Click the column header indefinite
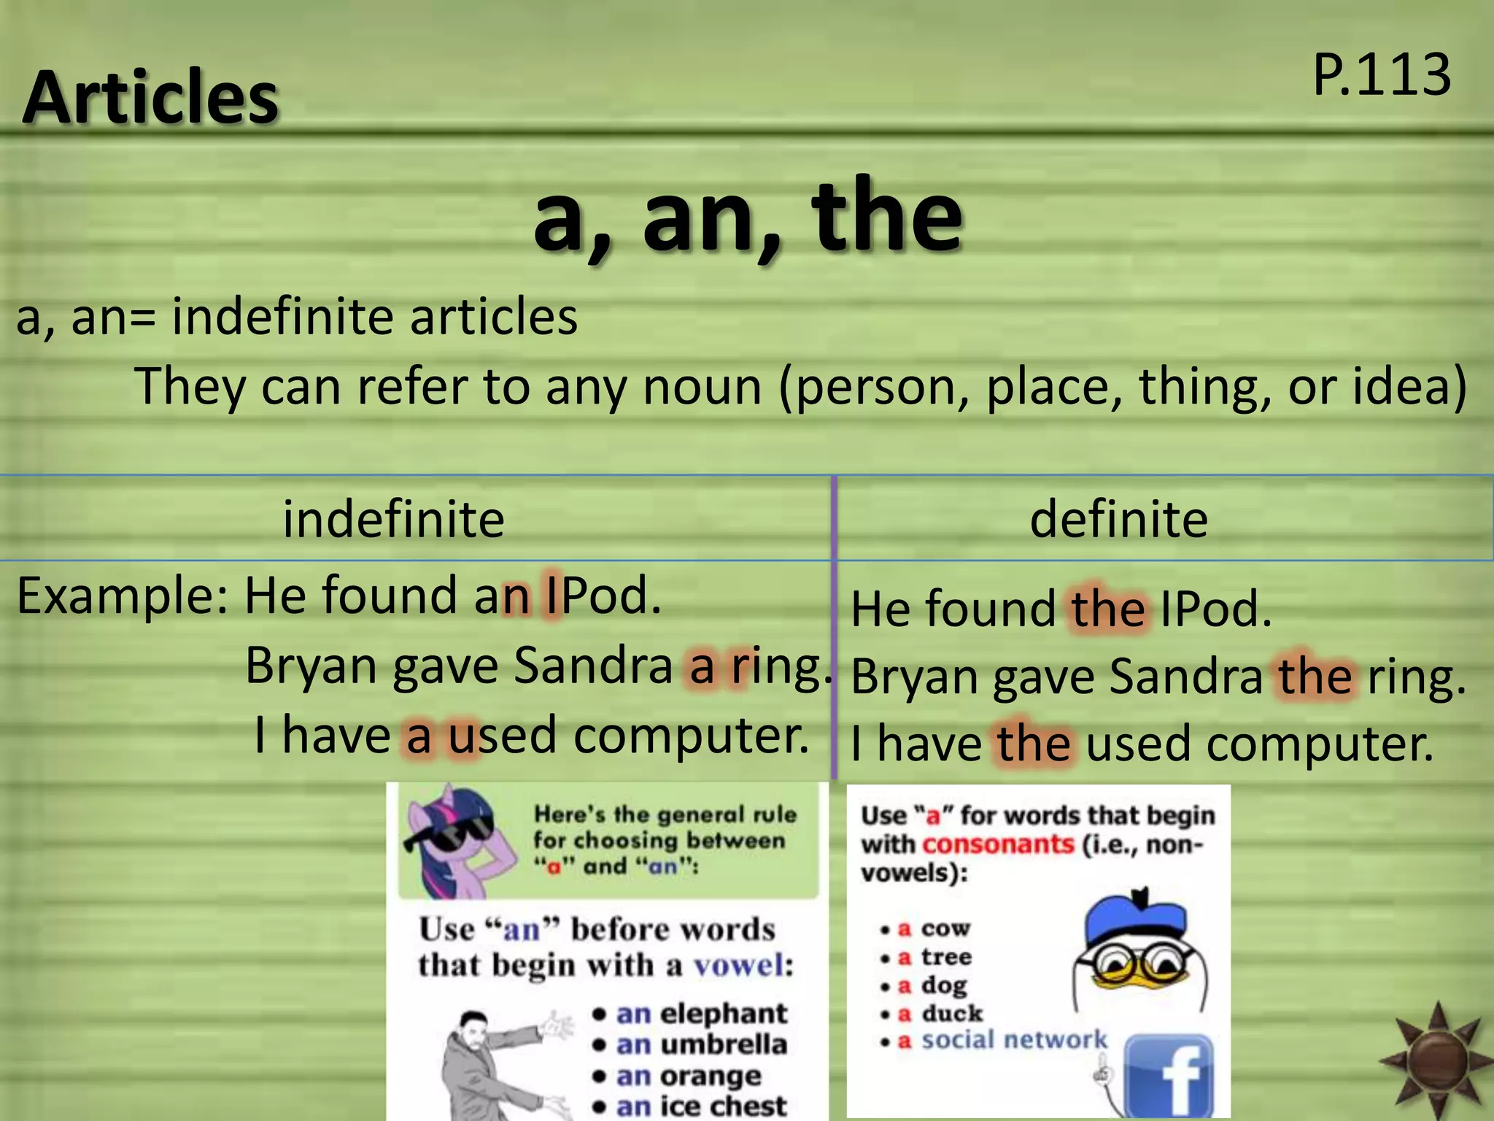coord(393,519)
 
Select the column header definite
coord(1118,519)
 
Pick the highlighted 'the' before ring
coord(1315,676)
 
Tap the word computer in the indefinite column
coord(691,735)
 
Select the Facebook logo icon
coord(1169,1076)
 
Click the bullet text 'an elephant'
coord(701,1014)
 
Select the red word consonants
coord(997,844)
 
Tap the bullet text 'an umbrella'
coord(701,1044)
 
